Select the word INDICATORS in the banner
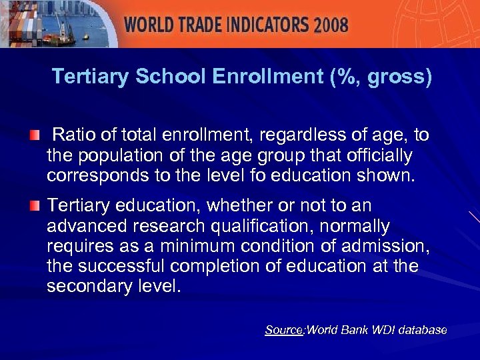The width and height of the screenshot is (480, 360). pyautogui.click(x=265, y=26)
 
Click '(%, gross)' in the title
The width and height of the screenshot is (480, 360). pyautogui.click(x=381, y=77)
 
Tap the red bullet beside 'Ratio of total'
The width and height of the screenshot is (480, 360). pyautogui.click(x=34, y=136)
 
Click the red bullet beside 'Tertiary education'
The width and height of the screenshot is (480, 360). pyautogui.click(x=34, y=205)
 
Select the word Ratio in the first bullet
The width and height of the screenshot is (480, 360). pyautogui.click(x=73, y=136)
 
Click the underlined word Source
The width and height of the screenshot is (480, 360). pyautogui.click(x=284, y=330)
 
